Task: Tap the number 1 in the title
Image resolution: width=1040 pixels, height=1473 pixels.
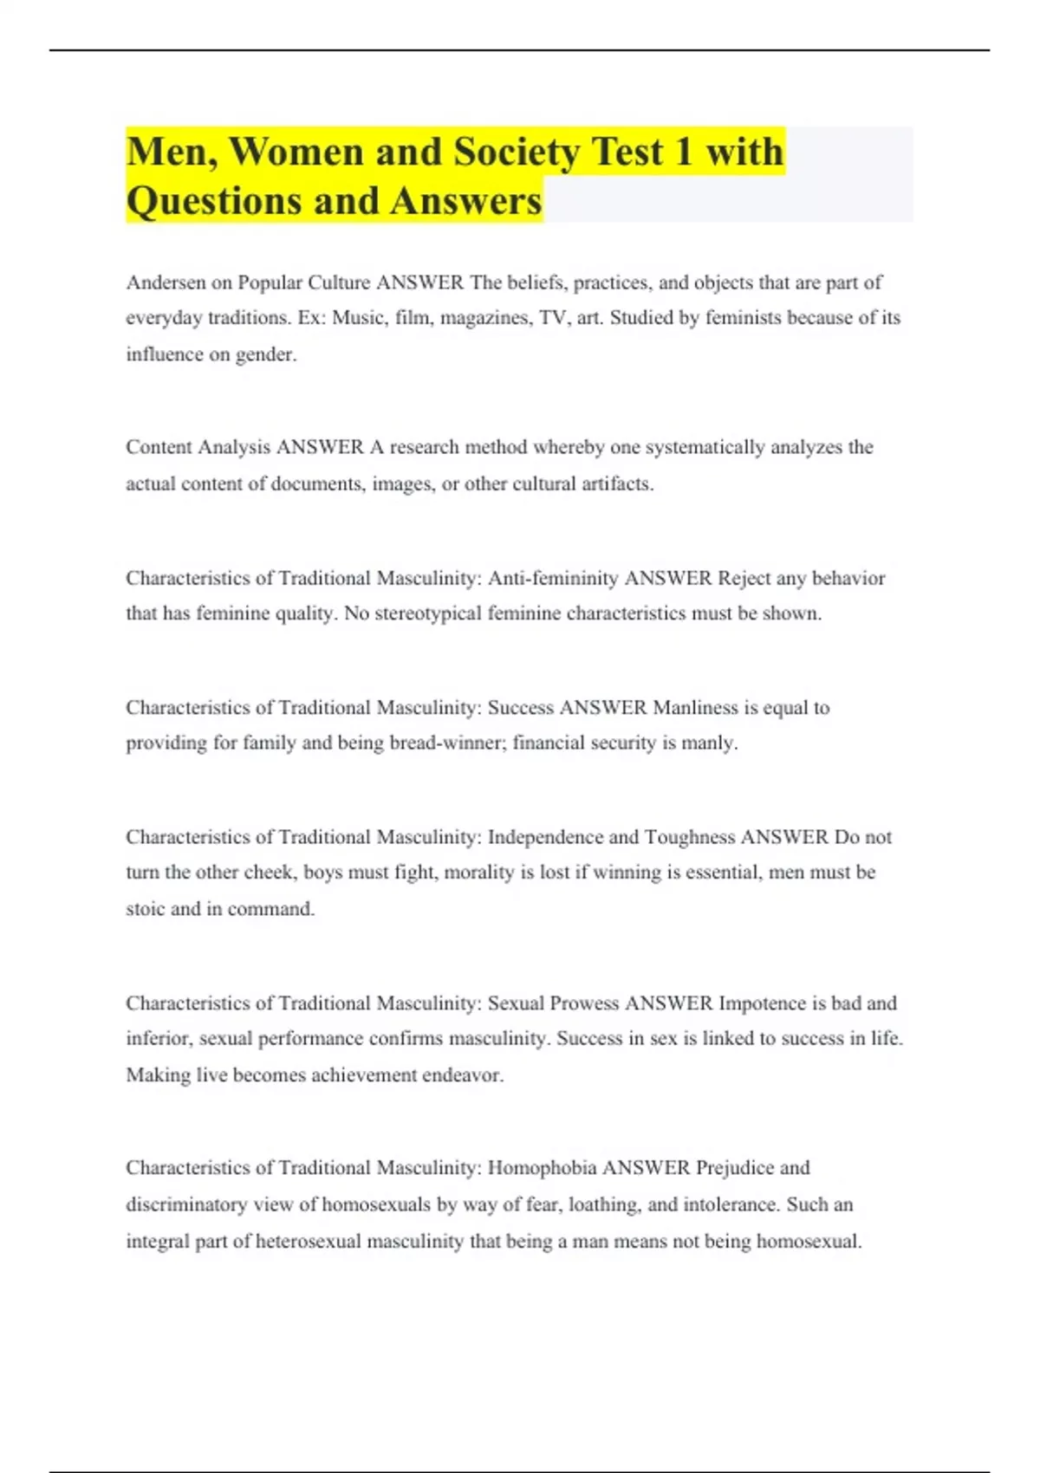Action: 683,152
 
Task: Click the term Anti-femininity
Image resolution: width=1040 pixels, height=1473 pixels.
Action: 553,578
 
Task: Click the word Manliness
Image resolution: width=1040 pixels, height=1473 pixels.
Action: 695,708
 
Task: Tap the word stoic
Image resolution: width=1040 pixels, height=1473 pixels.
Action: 145,909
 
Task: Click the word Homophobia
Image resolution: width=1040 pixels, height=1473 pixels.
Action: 542,1168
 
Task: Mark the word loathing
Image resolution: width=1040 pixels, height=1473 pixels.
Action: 605,1204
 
